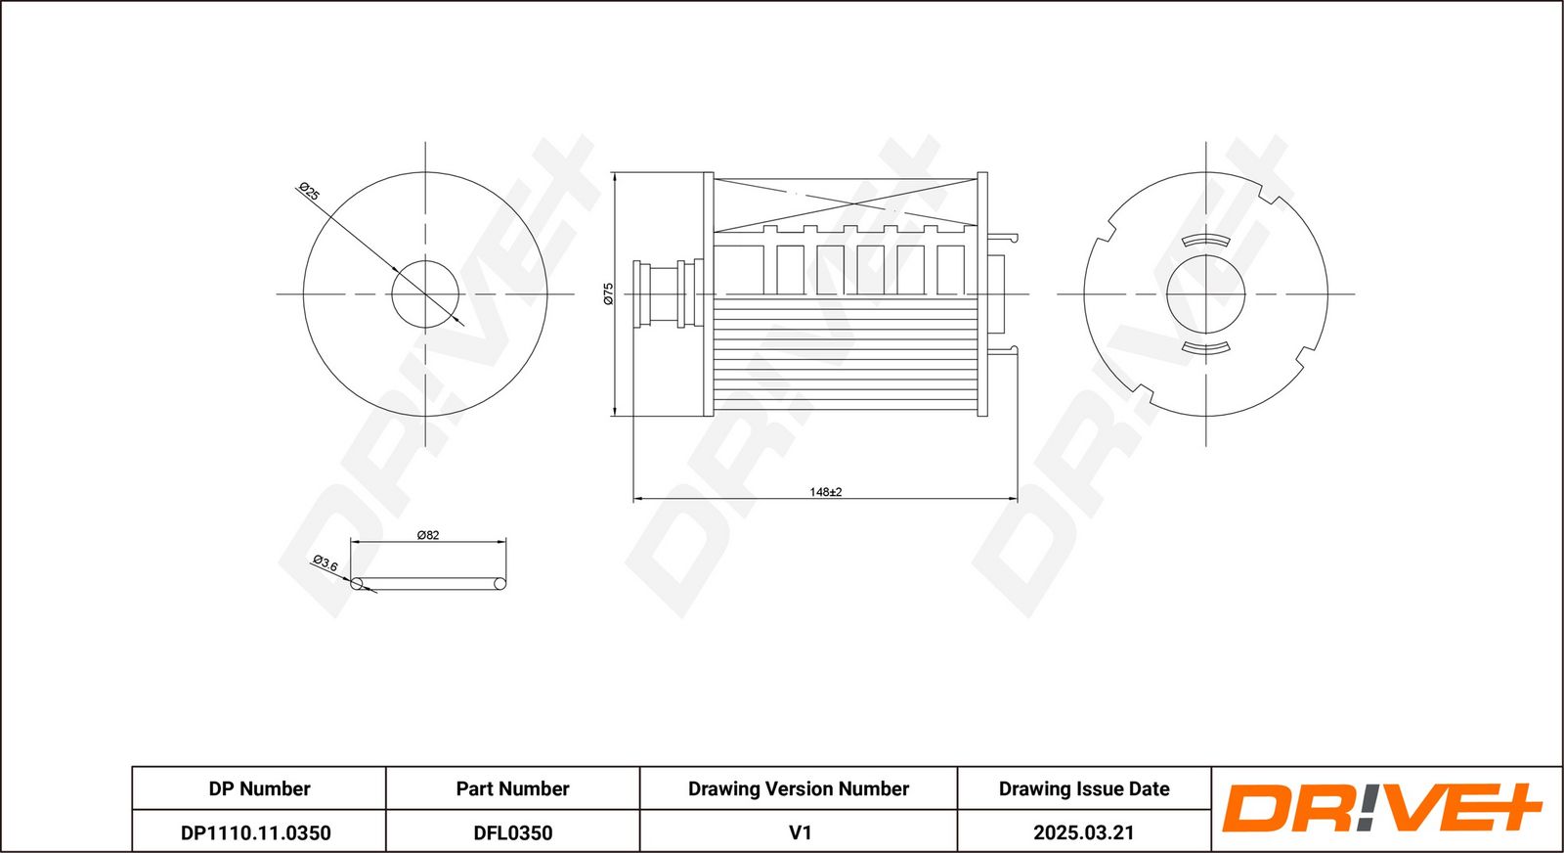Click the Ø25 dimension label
[309, 192]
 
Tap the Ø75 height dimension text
[608, 293]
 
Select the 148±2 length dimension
[825, 492]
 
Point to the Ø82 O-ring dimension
[428, 535]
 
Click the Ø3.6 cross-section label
[326, 563]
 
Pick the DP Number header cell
[259, 788]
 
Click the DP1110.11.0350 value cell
[255, 832]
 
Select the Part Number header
[512, 788]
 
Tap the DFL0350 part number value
[512, 832]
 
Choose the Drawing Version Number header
[798, 788]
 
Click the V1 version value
[800, 832]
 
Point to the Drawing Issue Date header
[1084, 788]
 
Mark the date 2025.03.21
[1084, 832]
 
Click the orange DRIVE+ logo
[1381, 808]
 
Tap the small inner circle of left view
[425, 294]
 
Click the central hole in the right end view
[1206, 294]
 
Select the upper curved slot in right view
[1206, 241]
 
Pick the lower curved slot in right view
[1206, 347]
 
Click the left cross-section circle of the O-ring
[357, 584]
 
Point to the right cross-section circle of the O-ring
[500, 584]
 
